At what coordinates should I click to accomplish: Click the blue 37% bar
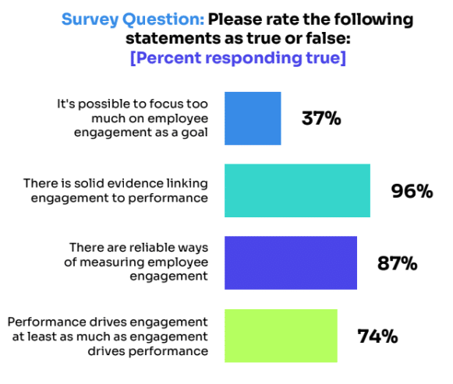click(x=253, y=118)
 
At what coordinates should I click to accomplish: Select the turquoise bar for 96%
click(x=297, y=191)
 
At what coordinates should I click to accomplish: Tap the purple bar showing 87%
click(x=290, y=263)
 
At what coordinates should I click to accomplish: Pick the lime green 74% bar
click(x=281, y=336)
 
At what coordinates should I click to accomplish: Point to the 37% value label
click(x=322, y=119)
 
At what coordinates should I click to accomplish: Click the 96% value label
click(x=412, y=191)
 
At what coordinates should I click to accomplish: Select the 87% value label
click(x=396, y=263)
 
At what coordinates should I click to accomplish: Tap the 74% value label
click(x=378, y=336)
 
